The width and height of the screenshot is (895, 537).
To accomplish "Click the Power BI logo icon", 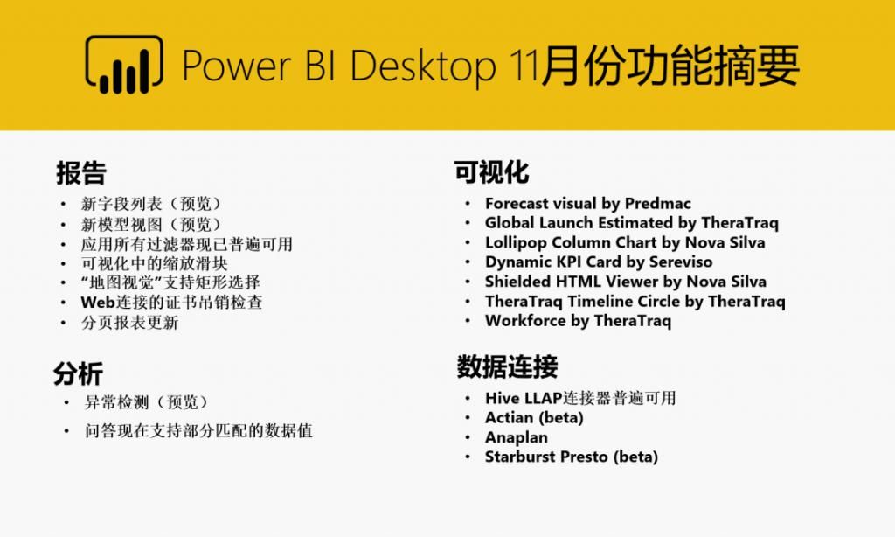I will click(123, 65).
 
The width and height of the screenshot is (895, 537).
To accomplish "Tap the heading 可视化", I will click(491, 172).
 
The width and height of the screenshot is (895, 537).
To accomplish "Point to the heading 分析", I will click(78, 373).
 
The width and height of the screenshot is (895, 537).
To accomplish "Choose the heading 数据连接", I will click(507, 366).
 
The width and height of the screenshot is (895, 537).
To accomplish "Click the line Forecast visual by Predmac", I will click(588, 204).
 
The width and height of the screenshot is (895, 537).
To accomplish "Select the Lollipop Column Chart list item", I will click(624, 242).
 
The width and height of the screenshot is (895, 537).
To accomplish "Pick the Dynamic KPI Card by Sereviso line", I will click(599, 262).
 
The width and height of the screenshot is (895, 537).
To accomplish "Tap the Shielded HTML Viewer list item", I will click(625, 282).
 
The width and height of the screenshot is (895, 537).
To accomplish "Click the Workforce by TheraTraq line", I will click(578, 321).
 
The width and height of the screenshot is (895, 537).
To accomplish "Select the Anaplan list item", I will click(517, 437).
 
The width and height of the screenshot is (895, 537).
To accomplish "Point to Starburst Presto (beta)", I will click(571, 457).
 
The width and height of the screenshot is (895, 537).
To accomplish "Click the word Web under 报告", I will click(98, 302).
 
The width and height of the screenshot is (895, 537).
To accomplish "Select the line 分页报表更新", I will click(130, 323).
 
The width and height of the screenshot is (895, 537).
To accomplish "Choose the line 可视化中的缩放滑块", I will click(155, 262).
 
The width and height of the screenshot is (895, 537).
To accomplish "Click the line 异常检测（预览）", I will click(147, 402).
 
